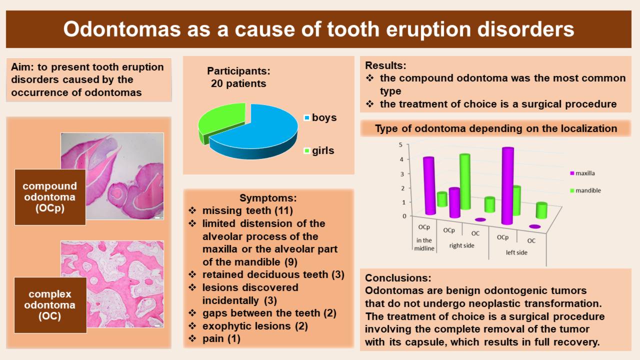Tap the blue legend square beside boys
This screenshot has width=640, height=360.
[307, 117]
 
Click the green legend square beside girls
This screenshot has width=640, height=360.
[307, 150]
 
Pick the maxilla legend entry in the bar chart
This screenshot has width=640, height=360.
[582, 173]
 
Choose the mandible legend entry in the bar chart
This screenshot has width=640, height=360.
[585, 190]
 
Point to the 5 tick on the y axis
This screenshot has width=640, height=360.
[400, 145]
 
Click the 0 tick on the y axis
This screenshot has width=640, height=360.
[404, 216]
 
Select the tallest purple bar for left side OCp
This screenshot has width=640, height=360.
[507, 185]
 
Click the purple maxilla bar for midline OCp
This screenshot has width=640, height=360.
[429, 185]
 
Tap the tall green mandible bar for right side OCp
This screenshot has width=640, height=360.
[464, 181]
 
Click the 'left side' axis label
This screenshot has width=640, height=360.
[516, 252]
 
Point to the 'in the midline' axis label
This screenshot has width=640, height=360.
[424, 244]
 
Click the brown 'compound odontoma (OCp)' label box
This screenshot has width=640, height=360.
[50, 197]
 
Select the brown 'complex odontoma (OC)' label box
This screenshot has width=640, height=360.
[50, 305]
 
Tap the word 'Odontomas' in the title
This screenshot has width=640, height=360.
[122, 29]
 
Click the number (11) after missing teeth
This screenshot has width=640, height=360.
[283, 210]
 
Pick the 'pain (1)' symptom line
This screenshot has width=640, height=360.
[221, 339]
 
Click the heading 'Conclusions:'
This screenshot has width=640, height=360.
[398, 277]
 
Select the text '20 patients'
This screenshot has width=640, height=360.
[238, 83]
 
